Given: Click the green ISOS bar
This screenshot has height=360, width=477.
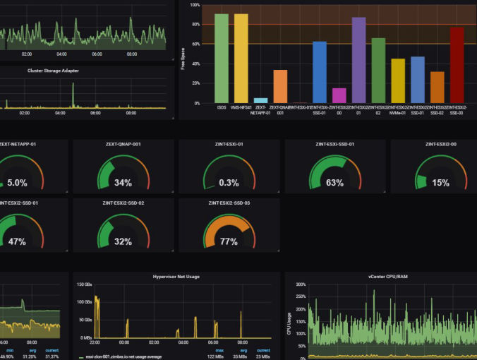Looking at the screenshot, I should tap(222, 59).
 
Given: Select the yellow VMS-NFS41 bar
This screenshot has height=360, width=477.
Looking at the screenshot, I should tap(241, 59).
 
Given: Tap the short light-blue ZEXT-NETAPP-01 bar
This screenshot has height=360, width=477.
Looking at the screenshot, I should tap(260, 100).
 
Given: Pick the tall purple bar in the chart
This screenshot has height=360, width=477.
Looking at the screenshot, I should tap(358, 61).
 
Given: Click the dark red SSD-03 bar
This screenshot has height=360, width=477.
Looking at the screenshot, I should tap(457, 65).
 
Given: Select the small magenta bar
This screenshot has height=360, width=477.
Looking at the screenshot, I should tap(339, 95).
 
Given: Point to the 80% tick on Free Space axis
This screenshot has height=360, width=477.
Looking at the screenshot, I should tap(195, 25).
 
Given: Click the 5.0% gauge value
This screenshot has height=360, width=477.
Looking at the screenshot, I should tap(17, 183).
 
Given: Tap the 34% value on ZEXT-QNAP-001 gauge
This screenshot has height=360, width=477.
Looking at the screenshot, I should tap(123, 183).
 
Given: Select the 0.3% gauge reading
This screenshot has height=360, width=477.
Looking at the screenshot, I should tap(229, 183).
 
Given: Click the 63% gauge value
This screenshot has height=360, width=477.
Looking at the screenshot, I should tap(334, 183).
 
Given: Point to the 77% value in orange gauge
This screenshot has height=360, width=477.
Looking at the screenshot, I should tap(229, 241).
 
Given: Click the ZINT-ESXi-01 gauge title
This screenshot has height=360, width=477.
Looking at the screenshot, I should tap(229, 145).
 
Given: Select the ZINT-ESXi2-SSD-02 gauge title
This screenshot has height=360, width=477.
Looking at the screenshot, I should tap(123, 203).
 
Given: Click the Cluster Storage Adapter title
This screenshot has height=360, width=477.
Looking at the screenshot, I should tap(53, 71).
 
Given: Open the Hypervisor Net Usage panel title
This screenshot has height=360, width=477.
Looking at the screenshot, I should tap(175, 277).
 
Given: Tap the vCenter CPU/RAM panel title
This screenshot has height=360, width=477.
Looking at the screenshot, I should tap(387, 277).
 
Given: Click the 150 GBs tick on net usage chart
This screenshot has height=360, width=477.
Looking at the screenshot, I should tap(83, 285).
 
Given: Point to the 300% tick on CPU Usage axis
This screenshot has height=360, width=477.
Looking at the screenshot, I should tap(299, 285).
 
